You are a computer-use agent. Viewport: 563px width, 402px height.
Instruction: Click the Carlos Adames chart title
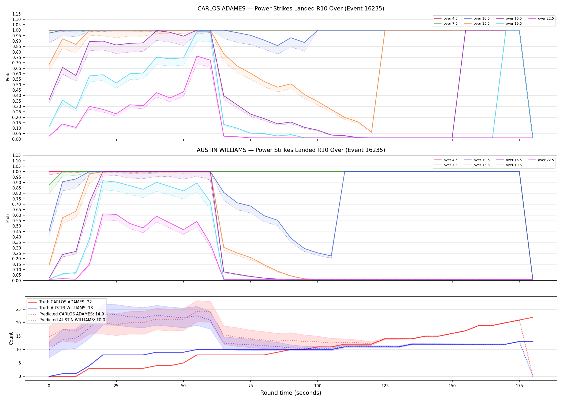[291, 9]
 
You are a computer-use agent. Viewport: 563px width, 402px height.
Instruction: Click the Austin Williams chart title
[291, 150]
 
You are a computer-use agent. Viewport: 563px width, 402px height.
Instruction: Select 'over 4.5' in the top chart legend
[450, 18]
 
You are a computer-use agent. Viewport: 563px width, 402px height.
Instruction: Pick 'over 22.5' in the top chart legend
[546, 18]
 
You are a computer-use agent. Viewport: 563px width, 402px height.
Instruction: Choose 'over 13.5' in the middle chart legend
[481, 165]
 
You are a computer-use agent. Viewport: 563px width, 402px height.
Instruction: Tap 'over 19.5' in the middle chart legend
[514, 165]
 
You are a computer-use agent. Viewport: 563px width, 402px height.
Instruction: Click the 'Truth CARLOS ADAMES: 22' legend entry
[65, 302]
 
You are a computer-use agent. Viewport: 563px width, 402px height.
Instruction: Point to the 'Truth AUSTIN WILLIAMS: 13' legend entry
[66, 308]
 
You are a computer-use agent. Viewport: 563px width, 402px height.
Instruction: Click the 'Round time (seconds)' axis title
[291, 393]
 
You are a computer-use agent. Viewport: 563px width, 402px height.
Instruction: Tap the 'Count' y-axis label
[11, 338]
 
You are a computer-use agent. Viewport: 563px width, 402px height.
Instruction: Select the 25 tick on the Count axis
[18, 310]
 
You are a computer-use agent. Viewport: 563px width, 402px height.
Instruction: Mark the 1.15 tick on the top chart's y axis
[17, 14]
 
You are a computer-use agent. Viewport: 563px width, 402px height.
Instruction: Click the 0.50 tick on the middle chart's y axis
[17, 226]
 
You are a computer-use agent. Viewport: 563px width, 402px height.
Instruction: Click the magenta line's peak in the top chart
[197, 56]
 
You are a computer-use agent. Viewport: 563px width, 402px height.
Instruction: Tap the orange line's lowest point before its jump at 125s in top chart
[371, 132]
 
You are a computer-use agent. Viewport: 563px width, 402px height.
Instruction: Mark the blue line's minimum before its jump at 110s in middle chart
[331, 256]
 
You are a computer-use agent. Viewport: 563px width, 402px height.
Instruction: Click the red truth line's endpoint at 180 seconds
[533, 317]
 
